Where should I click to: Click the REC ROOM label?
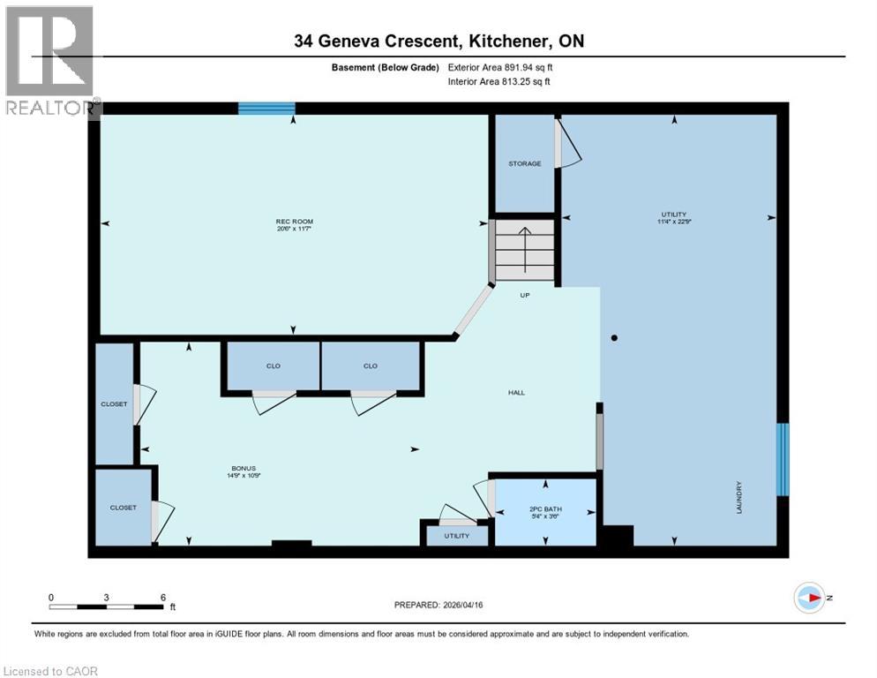(295, 222)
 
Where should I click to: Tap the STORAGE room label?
(524, 164)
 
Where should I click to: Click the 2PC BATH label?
(545, 509)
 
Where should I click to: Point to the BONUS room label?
(244, 469)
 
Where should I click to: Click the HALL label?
(516, 392)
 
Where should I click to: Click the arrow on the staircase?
(524, 250)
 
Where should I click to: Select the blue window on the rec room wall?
(266, 109)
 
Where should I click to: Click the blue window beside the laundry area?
(782, 459)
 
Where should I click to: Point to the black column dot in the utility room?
(614, 337)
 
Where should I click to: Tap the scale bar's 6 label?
(162, 597)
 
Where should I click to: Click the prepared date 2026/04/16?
(476, 605)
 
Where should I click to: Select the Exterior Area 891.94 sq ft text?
(500, 67)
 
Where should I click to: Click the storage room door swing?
(567, 146)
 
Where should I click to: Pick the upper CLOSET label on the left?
(114, 404)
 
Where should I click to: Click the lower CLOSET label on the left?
(123, 508)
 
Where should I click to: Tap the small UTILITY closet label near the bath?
(456, 536)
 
